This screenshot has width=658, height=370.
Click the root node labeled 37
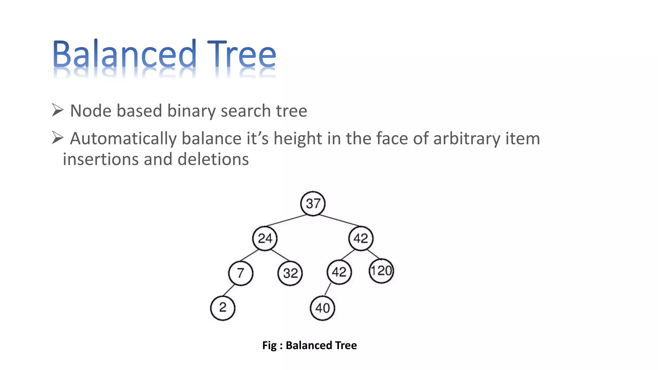pyautogui.click(x=313, y=204)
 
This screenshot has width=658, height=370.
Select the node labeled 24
pyautogui.click(x=265, y=238)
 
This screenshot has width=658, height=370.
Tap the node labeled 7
pyautogui.click(x=241, y=273)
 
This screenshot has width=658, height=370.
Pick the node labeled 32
pyautogui.click(x=290, y=273)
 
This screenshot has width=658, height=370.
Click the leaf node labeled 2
pyautogui.click(x=223, y=308)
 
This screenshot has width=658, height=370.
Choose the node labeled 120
pyautogui.click(x=381, y=271)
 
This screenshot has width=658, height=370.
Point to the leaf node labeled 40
pyautogui.click(x=323, y=308)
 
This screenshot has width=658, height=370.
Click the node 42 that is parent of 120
pyautogui.click(x=361, y=238)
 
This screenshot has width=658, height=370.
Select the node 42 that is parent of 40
pyautogui.click(x=339, y=272)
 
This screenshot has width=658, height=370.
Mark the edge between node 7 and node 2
pyautogui.click(x=229, y=290)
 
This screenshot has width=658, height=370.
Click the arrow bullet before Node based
pyautogui.click(x=58, y=110)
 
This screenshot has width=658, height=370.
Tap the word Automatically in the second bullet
pyautogui.click(x=123, y=139)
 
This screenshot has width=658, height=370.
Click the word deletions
pyautogui.click(x=213, y=159)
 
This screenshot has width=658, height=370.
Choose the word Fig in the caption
pyautogui.click(x=269, y=346)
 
